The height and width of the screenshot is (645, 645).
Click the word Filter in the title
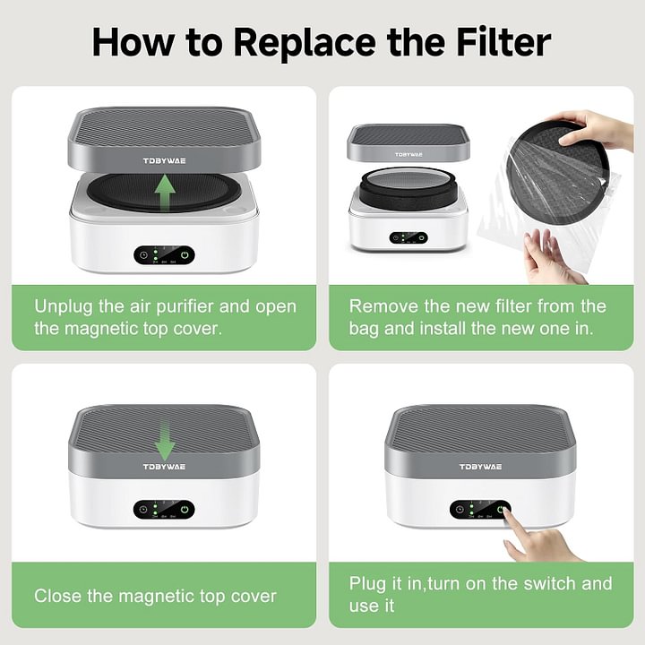(x=498, y=42)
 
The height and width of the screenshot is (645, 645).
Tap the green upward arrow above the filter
(x=164, y=191)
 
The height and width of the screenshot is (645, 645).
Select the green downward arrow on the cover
(x=164, y=440)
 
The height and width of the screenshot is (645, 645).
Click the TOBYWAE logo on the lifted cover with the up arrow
(x=164, y=161)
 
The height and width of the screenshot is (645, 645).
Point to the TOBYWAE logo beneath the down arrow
(x=164, y=466)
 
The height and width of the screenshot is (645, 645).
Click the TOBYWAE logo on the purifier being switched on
(x=480, y=467)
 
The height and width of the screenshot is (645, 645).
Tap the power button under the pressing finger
(x=501, y=509)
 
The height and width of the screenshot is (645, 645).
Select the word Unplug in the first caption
(x=62, y=306)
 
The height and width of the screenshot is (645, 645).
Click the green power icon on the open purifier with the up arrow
(x=185, y=254)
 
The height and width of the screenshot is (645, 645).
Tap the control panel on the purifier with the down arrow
(x=164, y=509)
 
